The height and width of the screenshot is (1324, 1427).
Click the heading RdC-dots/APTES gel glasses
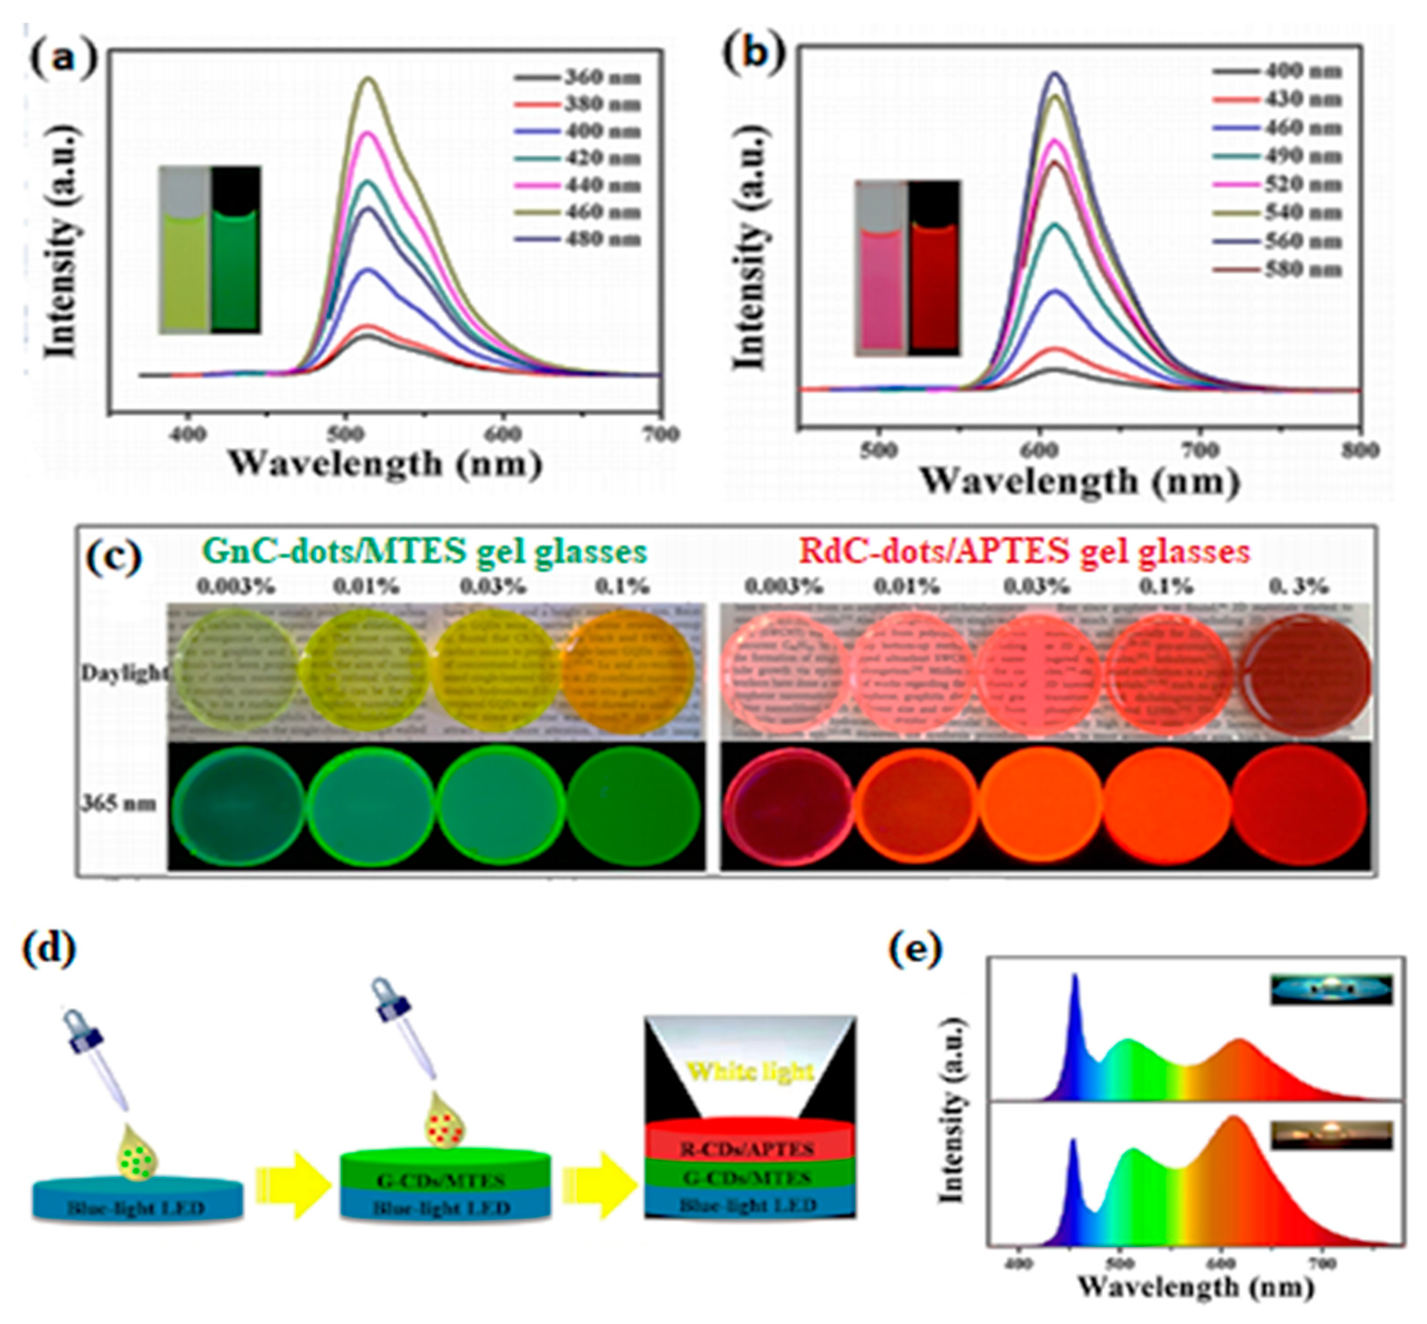[1025, 552]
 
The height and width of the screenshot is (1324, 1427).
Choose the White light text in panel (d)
[751, 1072]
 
